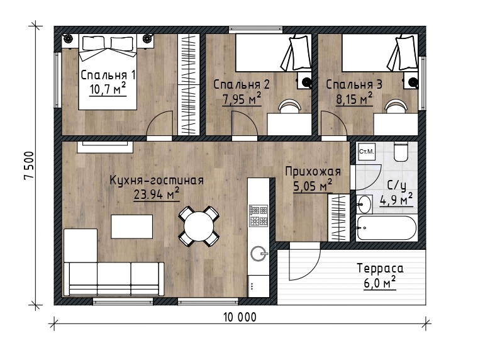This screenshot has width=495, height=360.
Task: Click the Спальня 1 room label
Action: tap(108, 76)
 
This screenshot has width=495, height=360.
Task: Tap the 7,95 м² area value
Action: tap(242, 99)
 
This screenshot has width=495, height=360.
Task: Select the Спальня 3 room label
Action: tap(354, 84)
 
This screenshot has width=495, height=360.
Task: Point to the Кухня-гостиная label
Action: tap(157, 181)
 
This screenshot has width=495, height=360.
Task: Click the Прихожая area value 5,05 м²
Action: tap(313, 186)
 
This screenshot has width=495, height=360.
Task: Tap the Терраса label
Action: tap(380, 268)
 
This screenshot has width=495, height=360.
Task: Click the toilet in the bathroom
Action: tap(401, 152)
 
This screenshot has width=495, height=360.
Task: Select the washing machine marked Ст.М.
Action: tap(366, 152)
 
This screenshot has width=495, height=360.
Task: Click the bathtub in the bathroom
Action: tap(386, 228)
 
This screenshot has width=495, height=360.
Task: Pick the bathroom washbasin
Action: tap(364, 204)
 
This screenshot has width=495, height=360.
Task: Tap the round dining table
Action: tap(199, 227)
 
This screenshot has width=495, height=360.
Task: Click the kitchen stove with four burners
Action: tap(259, 216)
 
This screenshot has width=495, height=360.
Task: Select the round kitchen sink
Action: tap(259, 254)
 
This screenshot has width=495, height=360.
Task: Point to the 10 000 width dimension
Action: tap(240, 317)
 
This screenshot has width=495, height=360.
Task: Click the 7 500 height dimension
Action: tap(28, 165)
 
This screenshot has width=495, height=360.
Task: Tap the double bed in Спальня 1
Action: tap(108, 72)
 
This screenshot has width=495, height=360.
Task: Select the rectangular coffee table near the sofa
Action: tap(131, 227)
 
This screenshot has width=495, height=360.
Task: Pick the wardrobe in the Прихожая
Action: tap(339, 218)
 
